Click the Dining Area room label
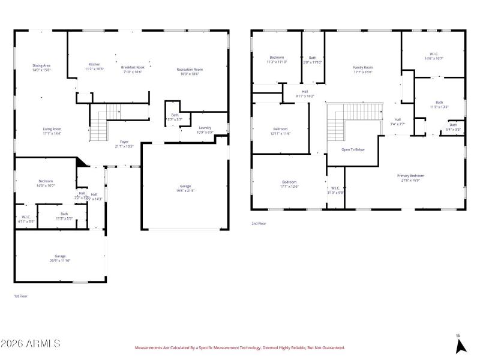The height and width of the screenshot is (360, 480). pyautogui.click(x=41, y=67)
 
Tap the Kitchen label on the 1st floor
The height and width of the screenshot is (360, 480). pyautogui.click(x=95, y=66)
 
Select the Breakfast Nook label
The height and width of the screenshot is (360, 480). pyautogui.click(x=133, y=69)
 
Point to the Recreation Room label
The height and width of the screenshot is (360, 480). pyautogui.click(x=190, y=71)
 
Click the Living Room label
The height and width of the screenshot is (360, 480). pyautogui.click(x=52, y=131)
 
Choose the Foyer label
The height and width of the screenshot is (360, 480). pyautogui.click(x=124, y=143)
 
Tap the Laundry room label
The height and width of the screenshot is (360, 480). pyautogui.click(x=204, y=129)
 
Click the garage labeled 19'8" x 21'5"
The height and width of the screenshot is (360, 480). pyautogui.click(x=185, y=188)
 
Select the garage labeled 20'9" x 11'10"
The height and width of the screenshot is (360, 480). pyautogui.click(x=60, y=258)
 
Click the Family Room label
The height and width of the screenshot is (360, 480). pyautogui.click(x=362, y=69)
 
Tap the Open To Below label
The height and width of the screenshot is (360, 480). pyautogui.click(x=353, y=149)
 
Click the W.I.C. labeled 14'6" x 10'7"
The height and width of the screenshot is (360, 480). pyautogui.click(x=433, y=56)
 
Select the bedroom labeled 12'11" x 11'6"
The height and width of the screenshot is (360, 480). pyautogui.click(x=280, y=131)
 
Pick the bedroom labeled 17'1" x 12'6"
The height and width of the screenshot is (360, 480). pyautogui.click(x=290, y=184)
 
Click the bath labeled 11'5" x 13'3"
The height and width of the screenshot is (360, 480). pyautogui.click(x=439, y=104)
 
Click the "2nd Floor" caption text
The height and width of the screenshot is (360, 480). pyautogui.click(x=259, y=223)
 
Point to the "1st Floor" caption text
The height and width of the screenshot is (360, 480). pyautogui.click(x=20, y=296)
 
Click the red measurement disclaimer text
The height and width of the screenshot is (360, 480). pyautogui.click(x=239, y=347)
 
